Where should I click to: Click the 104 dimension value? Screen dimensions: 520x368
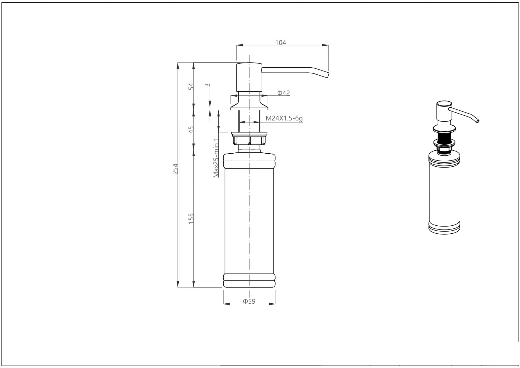point(281,43)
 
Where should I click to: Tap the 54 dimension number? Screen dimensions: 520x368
point(191,86)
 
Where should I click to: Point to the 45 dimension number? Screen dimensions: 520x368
point(191,130)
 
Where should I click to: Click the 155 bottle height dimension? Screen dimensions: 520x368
point(191,218)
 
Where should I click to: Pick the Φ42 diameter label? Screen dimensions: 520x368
point(284,93)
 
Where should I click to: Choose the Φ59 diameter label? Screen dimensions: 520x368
point(249,302)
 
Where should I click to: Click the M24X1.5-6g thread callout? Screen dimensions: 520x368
point(284,118)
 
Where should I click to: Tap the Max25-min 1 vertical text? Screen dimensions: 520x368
point(217,158)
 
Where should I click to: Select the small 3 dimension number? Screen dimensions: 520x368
point(208,85)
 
